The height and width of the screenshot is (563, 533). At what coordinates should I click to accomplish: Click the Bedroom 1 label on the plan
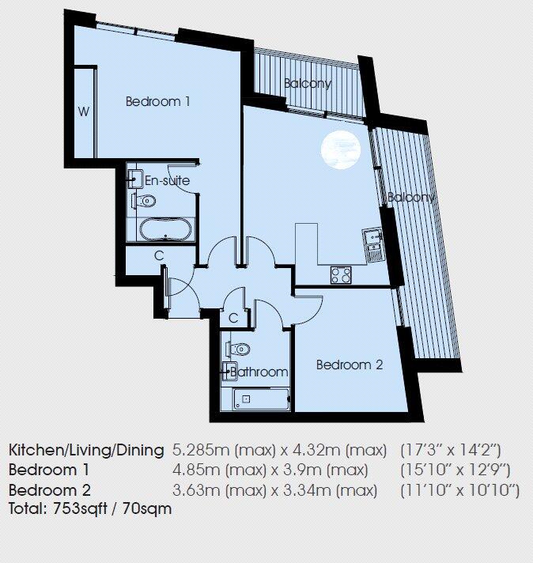[x=157, y=102]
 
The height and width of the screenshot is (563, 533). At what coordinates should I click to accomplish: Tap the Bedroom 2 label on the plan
[x=350, y=365]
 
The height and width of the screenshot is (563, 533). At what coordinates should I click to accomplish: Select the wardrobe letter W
[x=84, y=111]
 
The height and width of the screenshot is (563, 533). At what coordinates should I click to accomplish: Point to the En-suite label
[x=167, y=180]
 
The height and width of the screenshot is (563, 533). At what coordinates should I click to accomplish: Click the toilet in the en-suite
[x=144, y=200]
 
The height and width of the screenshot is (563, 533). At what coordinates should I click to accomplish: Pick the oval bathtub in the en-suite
[x=165, y=229]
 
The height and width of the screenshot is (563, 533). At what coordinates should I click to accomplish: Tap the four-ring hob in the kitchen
[x=341, y=275]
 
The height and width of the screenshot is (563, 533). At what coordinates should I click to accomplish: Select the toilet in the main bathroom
[x=238, y=349]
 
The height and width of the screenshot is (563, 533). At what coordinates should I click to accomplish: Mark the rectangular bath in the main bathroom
[x=262, y=399]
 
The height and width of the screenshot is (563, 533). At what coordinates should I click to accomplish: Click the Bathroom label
[x=259, y=372]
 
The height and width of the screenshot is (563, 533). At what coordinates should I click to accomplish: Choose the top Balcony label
[x=308, y=84]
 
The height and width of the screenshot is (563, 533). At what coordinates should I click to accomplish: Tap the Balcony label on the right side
[x=410, y=197]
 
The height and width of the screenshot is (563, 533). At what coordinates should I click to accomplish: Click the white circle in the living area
[x=341, y=149]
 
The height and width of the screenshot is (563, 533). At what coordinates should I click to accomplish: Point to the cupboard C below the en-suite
[x=159, y=255]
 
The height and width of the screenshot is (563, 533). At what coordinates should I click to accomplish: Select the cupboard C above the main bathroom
[x=233, y=318]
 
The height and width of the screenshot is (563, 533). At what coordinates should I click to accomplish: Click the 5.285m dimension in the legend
[x=196, y=450]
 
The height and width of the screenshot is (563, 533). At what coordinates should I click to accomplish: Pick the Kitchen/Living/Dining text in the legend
[x=86, y=450]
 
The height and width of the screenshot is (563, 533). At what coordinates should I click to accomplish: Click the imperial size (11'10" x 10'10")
[x=460, y=490]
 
